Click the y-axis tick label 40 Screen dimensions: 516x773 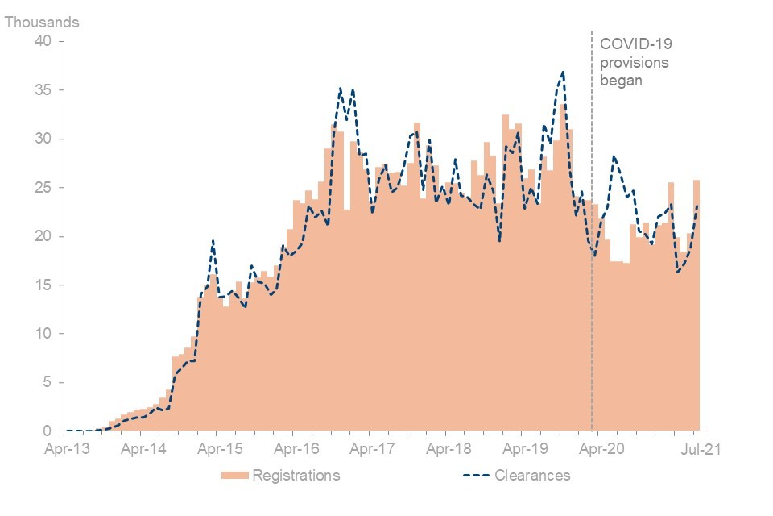[43, 41]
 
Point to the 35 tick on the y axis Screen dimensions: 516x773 [43, 90]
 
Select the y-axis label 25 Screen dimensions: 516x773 [43, 188]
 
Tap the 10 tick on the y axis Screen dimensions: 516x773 [43, 334]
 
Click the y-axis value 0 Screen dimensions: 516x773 [47, 431]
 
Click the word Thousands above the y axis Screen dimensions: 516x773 [43, 23]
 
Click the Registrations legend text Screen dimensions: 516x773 [296, 476]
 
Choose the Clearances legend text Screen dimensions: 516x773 [532, 476]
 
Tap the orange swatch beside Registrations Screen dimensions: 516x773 [234, 476]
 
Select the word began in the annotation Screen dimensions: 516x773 [622, 81]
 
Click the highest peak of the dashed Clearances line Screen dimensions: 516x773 [563, 72]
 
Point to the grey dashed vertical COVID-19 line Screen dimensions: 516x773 [592, 242]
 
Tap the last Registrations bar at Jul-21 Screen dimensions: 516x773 [697, 306]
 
